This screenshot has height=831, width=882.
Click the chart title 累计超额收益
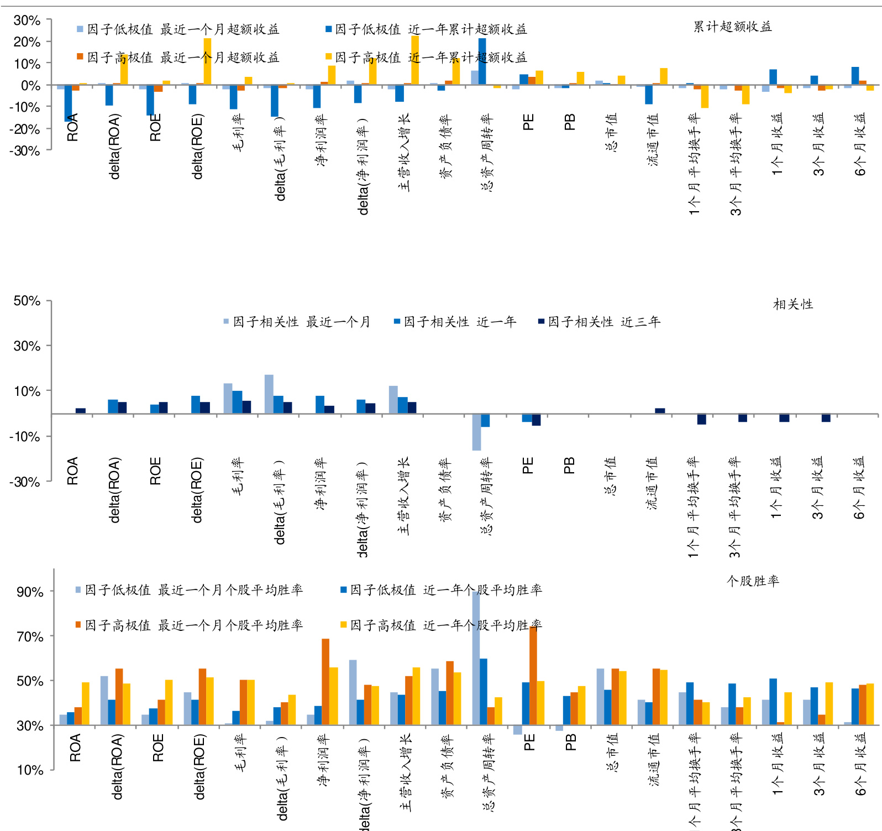(732, 27)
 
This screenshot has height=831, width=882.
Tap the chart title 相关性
(792, 304)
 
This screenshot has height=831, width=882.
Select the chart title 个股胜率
(752, 581)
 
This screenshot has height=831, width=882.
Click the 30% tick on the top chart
(27, 20)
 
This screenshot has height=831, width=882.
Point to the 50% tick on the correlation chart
(27, 301)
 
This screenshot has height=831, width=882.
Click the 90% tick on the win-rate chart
(30, 592)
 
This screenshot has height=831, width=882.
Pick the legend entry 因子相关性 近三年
(599, 322)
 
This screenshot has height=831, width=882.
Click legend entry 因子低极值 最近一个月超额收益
(178, 29)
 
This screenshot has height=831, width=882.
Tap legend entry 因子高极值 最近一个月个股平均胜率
(189, 625)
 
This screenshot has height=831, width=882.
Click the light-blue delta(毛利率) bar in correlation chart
(269, 394)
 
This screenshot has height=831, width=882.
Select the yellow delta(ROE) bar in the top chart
(207, 61)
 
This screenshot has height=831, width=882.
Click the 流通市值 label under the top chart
(653, 139)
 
